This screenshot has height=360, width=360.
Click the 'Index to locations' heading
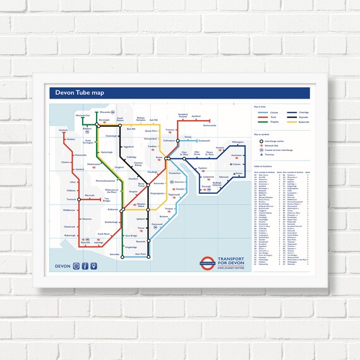(265, 167)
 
